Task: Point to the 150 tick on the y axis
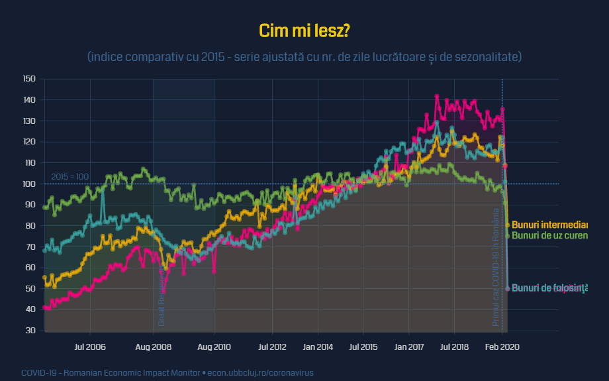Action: (29, 79)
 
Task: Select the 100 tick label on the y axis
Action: (29, 184)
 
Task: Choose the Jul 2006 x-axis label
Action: (90, 347)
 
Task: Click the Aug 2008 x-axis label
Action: (153, 347)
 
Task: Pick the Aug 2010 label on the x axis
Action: (214, 347)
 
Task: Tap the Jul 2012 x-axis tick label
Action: (272, 347)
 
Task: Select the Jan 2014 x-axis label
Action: (318, 347)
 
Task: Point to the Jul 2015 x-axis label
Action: (363, 347)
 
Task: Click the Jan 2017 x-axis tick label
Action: (409, 347)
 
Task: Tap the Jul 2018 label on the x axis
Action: (455, 347)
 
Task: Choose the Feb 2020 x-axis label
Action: (502, 347)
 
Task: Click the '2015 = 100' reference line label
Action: (70, 177)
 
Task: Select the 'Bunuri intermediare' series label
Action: (550, 225)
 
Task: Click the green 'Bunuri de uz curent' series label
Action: (550, 235)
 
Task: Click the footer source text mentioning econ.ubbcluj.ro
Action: (167, 372)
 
